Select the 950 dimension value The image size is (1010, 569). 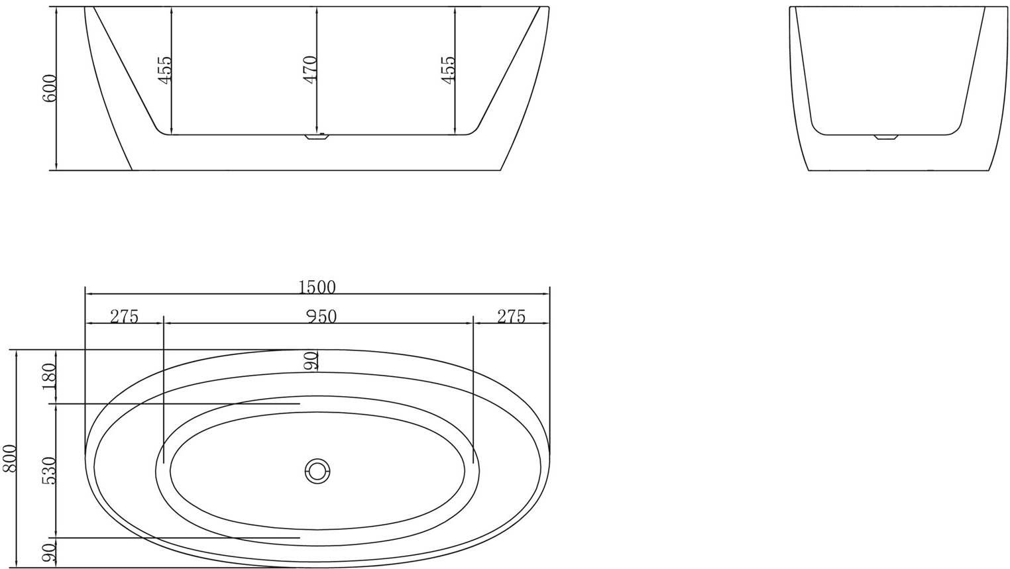click(x=321, y=316)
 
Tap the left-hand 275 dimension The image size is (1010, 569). click(x=124, y=316)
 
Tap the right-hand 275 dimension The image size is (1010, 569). click(x=511, y=316)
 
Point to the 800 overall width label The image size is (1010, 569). click(x=9, y=458)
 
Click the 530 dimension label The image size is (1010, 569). click(x=49, y=470)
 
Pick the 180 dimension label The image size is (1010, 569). click(x=49, y=376)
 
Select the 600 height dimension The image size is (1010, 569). click(x=49, y=87)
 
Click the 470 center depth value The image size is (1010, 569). click(x=310, y=68)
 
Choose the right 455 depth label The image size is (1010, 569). click(x=448, y=68)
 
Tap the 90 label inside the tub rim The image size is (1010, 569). click(x=311, y=361)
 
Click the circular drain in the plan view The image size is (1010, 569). click(x=317, y=472)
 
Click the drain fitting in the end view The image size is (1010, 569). click(x=885, y=137)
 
